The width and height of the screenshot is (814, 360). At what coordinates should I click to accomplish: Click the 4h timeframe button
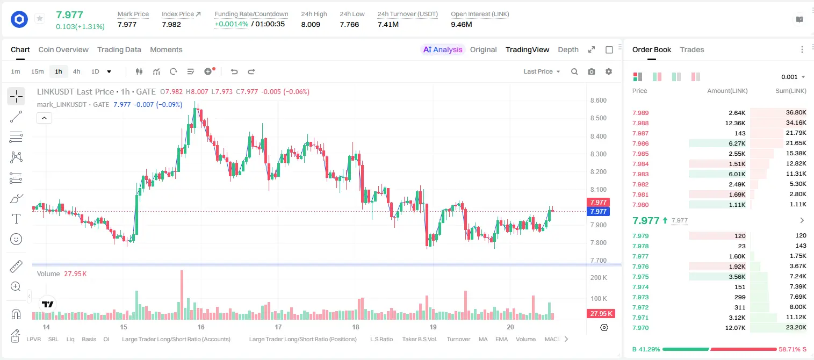tap(76, 71)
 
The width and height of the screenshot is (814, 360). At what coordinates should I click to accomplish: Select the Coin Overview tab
tap(63, 49)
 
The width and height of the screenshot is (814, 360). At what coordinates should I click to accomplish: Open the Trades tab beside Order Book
tap(691, 49)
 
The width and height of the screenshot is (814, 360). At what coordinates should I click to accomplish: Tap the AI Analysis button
tap(442, 49)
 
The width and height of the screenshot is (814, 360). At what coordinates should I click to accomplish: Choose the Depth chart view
tap(568, 49)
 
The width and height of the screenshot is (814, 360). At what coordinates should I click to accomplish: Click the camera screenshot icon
tap(591, 71)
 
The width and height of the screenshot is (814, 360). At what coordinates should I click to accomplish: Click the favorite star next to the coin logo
tap(40, 18)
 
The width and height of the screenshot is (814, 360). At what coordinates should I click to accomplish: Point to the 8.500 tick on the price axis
tap(598, 118)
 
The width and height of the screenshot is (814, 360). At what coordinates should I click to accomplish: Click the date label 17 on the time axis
tap(278, 327)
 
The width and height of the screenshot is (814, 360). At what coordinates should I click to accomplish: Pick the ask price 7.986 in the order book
tap(640, 143)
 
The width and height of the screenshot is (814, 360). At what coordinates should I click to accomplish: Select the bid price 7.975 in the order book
tap(640, 277)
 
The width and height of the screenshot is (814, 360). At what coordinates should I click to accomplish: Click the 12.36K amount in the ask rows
tap(735, 123)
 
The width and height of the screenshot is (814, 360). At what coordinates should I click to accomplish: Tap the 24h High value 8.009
tap(311, 24)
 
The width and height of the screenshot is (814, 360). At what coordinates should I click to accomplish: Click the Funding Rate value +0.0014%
tap(231, 24)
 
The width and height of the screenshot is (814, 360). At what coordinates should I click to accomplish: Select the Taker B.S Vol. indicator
tap(419, 339)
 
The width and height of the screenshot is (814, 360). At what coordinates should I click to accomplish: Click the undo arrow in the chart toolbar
tap(234, 71)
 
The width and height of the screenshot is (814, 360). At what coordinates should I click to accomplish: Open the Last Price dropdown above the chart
tap(542, 71)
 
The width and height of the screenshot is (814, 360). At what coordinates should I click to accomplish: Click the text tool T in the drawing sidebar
tap(16, 219)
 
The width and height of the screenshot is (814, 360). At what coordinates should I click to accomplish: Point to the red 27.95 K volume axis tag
tap(601, 313)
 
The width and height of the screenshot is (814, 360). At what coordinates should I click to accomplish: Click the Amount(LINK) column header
tap(727, 91)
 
